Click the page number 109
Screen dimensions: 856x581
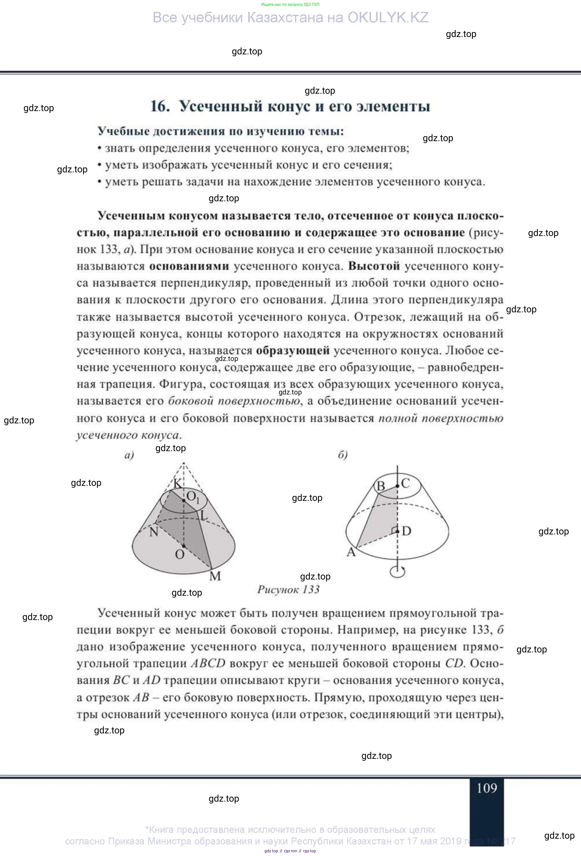click(487, 788)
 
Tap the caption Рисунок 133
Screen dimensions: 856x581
click(288, 590)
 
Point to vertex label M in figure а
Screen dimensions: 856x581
click(215, 576)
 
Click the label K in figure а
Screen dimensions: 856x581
click(177, 483)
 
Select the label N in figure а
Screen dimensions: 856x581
click(154, 532)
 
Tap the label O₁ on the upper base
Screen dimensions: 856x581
click(193, 497)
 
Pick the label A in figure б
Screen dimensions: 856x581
click(351, 552)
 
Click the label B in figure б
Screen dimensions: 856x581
click(380, 486)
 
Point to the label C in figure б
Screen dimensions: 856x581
click(405, 483)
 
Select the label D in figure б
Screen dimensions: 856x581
click(406, 531)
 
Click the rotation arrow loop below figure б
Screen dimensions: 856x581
click(398, 572)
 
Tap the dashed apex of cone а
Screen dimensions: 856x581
click(183, 463)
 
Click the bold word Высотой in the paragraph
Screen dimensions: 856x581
click(374, 266)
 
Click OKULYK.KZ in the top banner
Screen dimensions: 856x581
click(388, 17)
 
